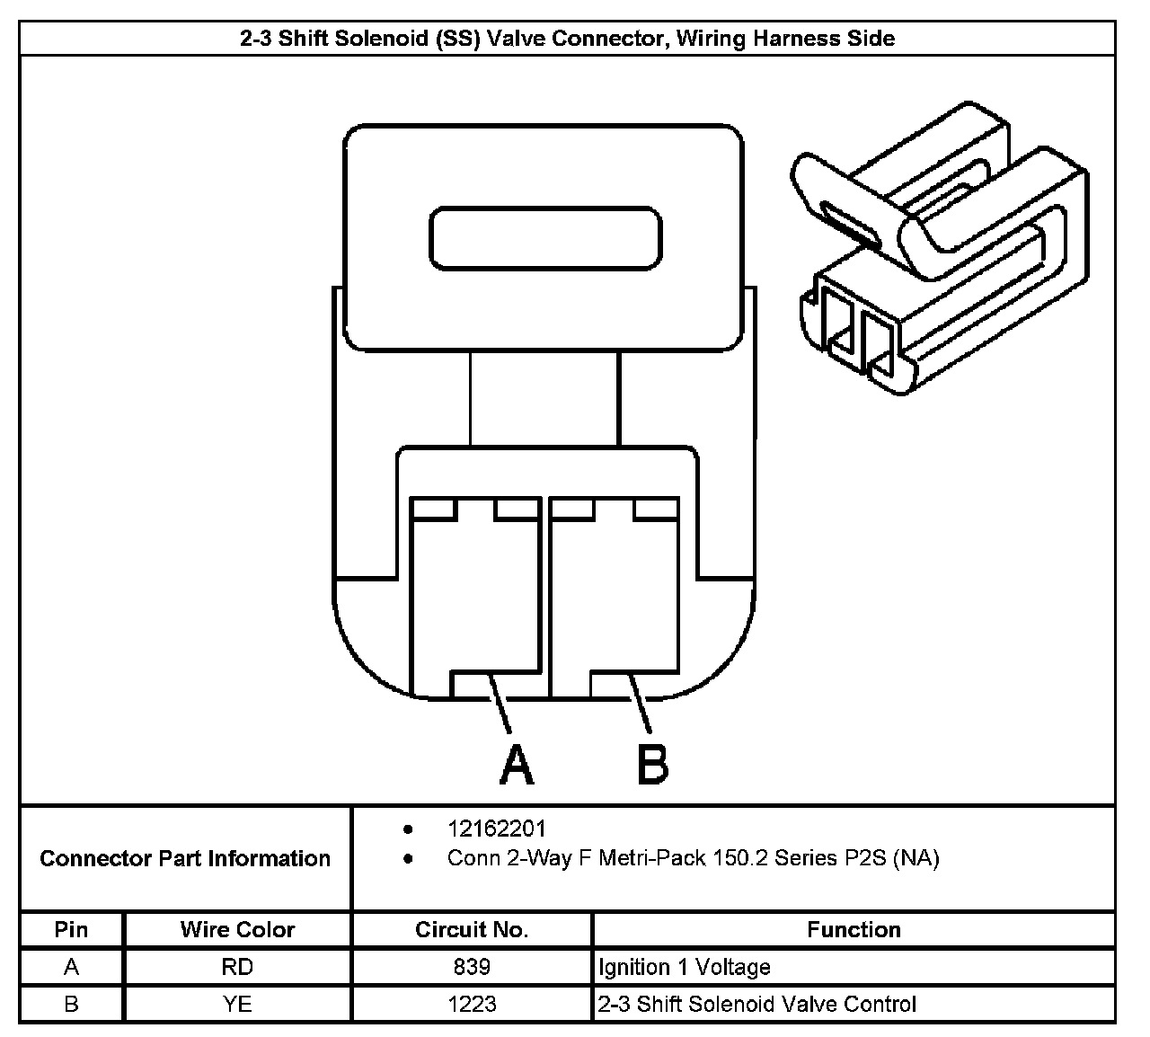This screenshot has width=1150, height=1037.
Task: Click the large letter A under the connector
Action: click(x=516, y=764)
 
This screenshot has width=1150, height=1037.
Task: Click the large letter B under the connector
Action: click(x=652, y=764)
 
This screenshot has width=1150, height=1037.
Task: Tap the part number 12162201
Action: click(x=496, y=829)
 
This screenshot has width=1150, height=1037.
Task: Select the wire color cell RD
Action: click(x=237, y=967)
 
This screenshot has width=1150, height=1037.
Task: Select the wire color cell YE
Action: click(x=237, y=1004)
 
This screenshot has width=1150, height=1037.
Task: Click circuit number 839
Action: click(x=472, y=967)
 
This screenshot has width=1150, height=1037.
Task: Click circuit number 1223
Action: click(x=472, y=1004)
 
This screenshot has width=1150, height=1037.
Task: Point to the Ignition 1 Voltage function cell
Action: click(x=685, y=967)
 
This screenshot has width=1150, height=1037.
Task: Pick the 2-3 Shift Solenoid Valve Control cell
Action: click(x=757, y=1004)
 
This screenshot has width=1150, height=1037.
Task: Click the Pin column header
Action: click(x=71, y=929)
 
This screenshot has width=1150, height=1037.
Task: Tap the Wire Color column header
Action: click(x=237, y=929)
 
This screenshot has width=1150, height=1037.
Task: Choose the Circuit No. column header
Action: click(x=472, y=929)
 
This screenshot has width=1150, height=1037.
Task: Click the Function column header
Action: click(x=854, y=929)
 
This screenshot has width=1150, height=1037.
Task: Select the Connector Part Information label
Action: click(x=185, y=858)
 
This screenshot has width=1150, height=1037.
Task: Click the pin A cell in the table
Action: click(x=71, y=967)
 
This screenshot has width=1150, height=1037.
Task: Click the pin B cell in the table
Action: click(x=71, y=1004)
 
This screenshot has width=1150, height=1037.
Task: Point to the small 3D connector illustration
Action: click(x=939, y=252)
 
